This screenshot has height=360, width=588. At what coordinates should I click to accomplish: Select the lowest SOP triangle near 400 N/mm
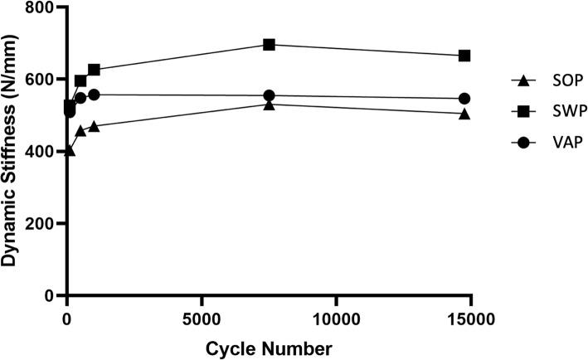pos(70,151)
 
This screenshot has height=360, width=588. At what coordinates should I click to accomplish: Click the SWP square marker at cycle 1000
pos(94,70)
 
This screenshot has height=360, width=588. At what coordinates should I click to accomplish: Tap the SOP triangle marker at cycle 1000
pos(94,126)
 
